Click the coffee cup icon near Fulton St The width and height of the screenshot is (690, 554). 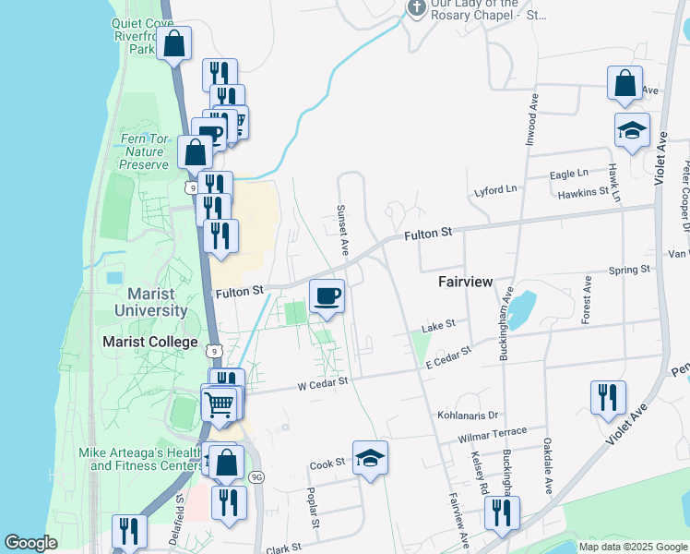click(327, 296)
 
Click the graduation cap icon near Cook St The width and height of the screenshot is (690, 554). click(370, 457)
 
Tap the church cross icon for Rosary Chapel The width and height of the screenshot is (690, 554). click(416, 7)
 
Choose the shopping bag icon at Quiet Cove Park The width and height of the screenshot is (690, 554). click(173, 43)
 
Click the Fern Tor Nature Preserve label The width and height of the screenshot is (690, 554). click(144, 151)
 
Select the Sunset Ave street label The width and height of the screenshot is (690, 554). click(342, 229)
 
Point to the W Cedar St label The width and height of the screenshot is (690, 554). click(321, 381)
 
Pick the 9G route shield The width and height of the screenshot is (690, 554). click(256, 476)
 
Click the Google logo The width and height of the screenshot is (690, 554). click(31, 543)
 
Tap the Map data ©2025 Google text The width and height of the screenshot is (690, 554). click(633, 547)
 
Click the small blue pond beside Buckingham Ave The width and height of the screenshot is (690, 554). click(522, 309)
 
